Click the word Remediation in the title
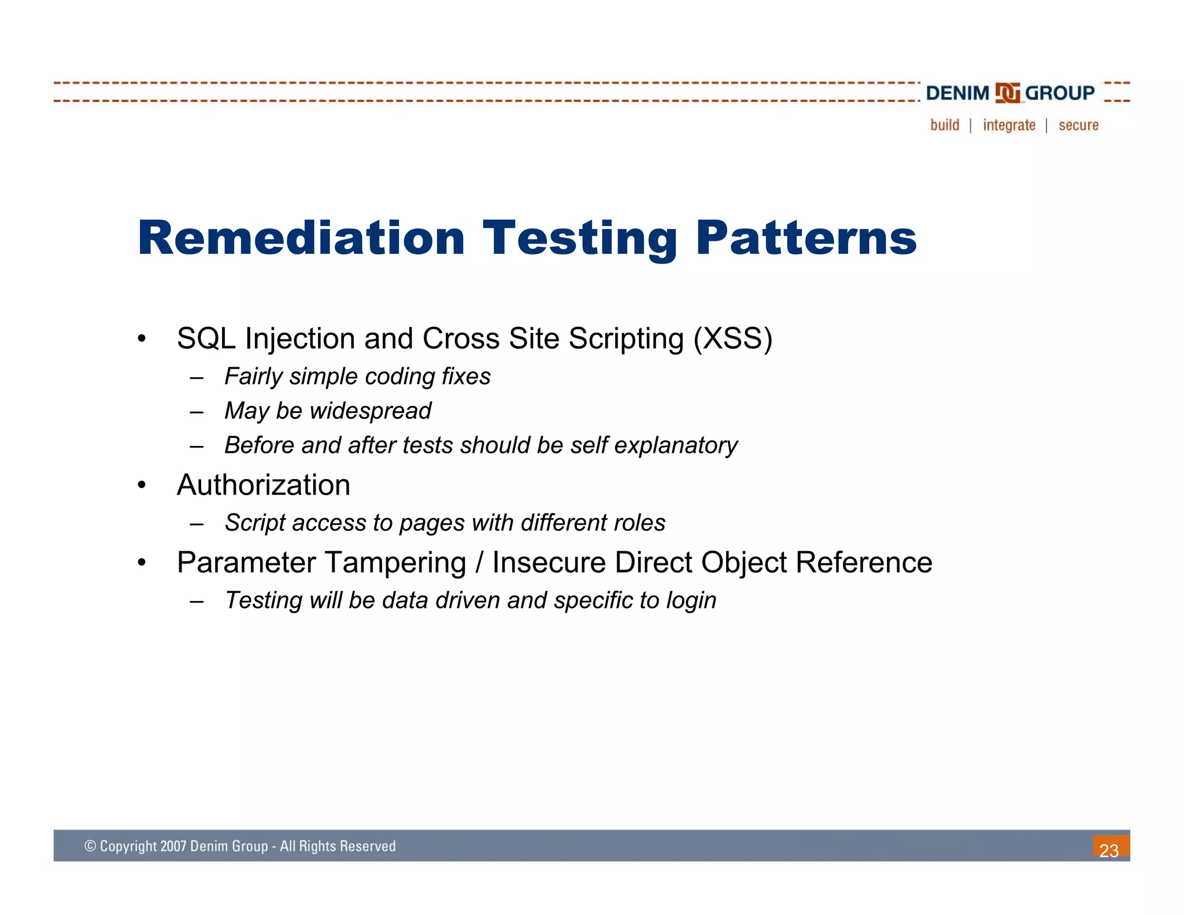(301, 238)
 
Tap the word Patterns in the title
(806, 238)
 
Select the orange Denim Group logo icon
(1007, 93)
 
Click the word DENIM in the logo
(957, 93)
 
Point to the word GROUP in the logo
(1060, 93)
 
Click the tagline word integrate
(1009, 125)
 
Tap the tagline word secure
(1078, 125)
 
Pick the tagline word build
(945, 125)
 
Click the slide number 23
(1109, 850)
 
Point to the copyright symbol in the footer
(90, 846)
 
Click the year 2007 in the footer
(173, 846)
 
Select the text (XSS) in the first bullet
(732, 338)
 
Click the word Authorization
(264, 485)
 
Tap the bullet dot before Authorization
(142, 485)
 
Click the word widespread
(370, 411)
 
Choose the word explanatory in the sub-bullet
(676, 445)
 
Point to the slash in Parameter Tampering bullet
(479, 563)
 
